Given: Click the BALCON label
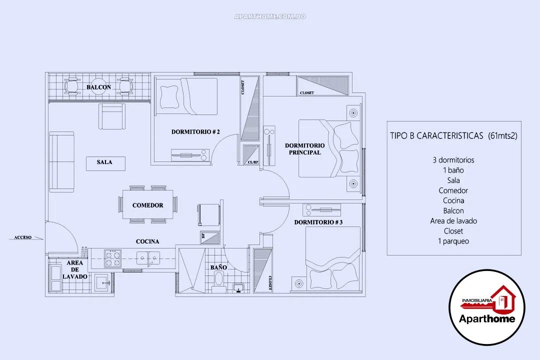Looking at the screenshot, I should click(x=98, y=87).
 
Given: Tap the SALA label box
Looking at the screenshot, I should click(x=104, y=162).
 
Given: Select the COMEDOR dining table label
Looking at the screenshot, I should click(x=148, y=205).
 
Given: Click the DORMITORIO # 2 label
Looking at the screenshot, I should click(x=195, y=132).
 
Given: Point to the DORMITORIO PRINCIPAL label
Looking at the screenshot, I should click(x=304, y=149).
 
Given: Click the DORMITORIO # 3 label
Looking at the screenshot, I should click(x=318, y=222).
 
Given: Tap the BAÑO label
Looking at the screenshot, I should click(x=218, y=267).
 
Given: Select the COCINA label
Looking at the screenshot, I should click(x=147, y=241).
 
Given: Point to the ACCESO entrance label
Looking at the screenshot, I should click(x=23, y=237).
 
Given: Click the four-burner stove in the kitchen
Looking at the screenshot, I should click(x=112, y=259).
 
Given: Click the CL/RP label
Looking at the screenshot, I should click(x=253, y=162).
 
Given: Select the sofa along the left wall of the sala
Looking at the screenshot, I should click(x=61, y=162).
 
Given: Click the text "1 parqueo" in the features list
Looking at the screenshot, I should click(x=453, y=241).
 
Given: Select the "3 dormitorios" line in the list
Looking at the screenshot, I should click(x=453, y=160).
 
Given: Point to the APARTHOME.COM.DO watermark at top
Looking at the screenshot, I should click(x=270, y=16).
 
